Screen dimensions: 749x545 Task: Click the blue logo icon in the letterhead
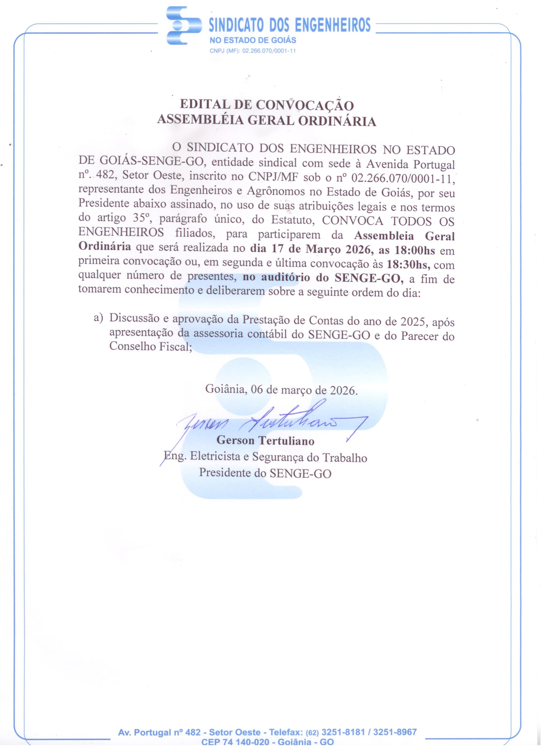click(184, 26)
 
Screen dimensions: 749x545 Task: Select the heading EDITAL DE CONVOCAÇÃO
click(267, 105)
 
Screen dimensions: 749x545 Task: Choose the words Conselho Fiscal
click(151, 347)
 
